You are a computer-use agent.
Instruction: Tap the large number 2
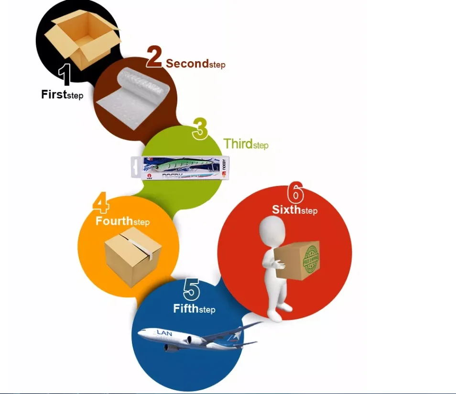point(155,56)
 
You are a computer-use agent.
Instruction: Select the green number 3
point(200,129)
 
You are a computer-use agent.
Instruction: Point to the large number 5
point(191,289)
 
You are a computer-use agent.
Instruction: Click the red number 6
point(295,193)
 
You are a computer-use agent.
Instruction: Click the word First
point(53,94)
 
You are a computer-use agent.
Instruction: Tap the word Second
point(187,63)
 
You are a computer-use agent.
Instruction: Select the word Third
point(238,143)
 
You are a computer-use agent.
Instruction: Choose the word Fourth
point(114,221)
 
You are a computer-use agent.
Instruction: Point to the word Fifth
point(185,308)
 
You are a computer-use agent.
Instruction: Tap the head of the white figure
point(271,229)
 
